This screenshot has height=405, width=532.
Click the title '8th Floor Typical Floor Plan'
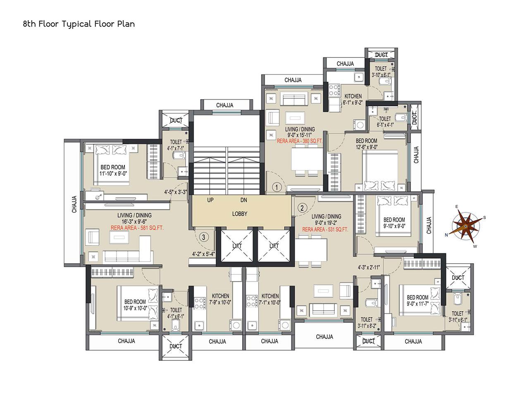pos(79,24)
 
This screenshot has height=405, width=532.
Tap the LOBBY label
pos(239,214)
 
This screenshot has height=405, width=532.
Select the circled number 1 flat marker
pos(277,187)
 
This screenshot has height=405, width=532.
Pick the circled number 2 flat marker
pos(302,208)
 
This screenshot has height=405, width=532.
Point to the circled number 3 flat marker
pos(204,237)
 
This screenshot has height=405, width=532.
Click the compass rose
pos(465,226)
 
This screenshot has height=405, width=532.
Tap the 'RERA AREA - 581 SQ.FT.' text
pos(137,228)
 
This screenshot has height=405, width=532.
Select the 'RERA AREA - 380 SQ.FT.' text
pos(299,141)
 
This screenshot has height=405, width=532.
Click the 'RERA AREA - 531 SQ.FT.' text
pos(325,229)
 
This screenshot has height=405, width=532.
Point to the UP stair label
pos(210,200)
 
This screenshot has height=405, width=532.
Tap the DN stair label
pos(243,200)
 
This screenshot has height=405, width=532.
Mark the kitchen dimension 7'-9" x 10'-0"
pos(220,302)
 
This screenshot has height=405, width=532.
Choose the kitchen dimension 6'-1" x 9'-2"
pos(353,102)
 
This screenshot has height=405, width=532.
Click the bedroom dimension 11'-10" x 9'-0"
pos(113,174)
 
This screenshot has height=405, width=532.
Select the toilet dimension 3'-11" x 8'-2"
pos(367,326)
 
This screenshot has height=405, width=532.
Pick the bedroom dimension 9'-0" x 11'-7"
pos(417,303)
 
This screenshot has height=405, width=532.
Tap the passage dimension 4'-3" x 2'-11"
pos(369,267)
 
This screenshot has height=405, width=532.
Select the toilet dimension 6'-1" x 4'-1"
pos(385,125)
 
